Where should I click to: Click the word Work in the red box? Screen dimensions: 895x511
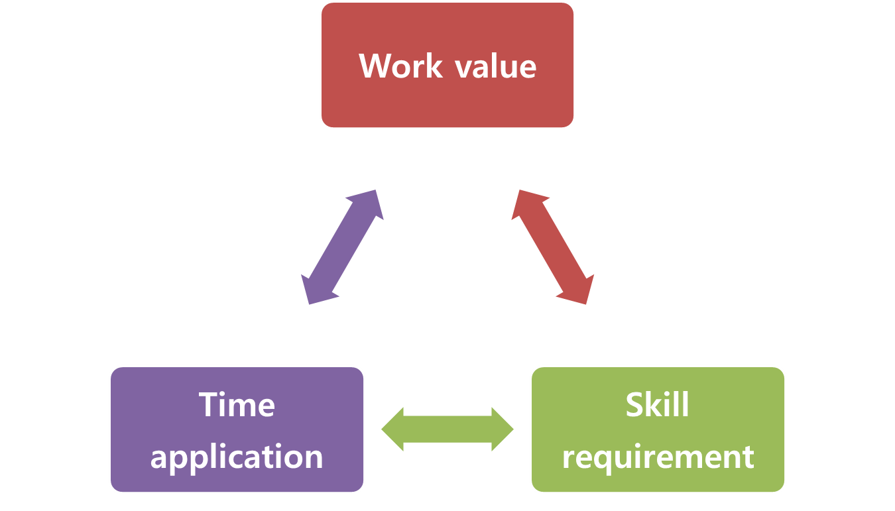click(x=400, y=66)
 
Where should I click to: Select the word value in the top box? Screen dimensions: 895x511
click(x=496, y=66)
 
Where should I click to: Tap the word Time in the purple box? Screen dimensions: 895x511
click(x=237, y=404)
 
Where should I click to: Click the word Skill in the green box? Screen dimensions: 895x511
click(x=657, y=404)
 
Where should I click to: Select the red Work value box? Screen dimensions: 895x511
click(x=447, y=65)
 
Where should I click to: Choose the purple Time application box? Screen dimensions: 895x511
click(x=237, y=429)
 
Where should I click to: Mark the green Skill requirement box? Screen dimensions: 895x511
click(x=658, y=429)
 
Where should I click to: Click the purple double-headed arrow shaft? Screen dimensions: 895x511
click(x=342, y=247)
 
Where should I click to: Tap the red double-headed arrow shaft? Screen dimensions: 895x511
click(x=553, y=247)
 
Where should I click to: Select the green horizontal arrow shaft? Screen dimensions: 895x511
click(x=447, y=429)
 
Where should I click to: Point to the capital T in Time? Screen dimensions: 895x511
click(x=209, y=404)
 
